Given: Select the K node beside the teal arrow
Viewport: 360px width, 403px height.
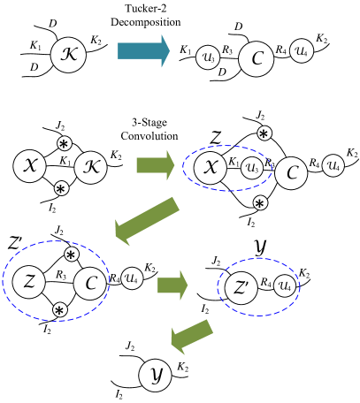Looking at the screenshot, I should [x=68, y=55].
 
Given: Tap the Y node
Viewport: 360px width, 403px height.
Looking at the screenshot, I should [x=155, y=375].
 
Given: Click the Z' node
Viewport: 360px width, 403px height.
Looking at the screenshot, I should [x=241, y=287].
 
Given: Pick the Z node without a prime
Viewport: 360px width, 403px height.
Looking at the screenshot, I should [x=29, y=282].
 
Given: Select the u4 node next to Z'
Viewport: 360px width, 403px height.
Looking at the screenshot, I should [x=284, y=285].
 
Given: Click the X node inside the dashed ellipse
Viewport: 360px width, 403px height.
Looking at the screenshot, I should [x=210, y=168].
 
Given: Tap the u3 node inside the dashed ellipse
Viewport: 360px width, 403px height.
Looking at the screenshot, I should [x=252, y=168].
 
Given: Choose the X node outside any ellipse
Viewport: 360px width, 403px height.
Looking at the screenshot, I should [x=29, y=166].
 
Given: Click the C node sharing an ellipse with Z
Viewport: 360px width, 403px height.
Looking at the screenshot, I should [x=89, y=284].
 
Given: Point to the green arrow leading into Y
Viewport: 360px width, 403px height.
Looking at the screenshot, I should [x=192, y=337].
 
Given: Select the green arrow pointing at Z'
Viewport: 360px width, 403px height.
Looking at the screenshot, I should [x=172, y=285].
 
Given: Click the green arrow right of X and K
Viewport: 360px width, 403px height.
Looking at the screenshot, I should [x=155, y=165].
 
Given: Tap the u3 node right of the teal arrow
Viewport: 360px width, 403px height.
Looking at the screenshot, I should [x=208, y=57].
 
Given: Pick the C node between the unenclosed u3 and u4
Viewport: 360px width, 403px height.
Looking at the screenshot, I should [x=256, y=59].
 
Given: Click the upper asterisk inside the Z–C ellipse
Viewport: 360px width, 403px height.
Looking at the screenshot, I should [x=72, y=255].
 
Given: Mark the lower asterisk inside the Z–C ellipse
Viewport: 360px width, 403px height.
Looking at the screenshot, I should [x=59, y=310].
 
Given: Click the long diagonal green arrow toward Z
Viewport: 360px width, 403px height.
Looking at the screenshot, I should [x=147, y=221].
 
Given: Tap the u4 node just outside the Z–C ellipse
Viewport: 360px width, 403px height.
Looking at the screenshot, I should [x=132, y=278].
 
